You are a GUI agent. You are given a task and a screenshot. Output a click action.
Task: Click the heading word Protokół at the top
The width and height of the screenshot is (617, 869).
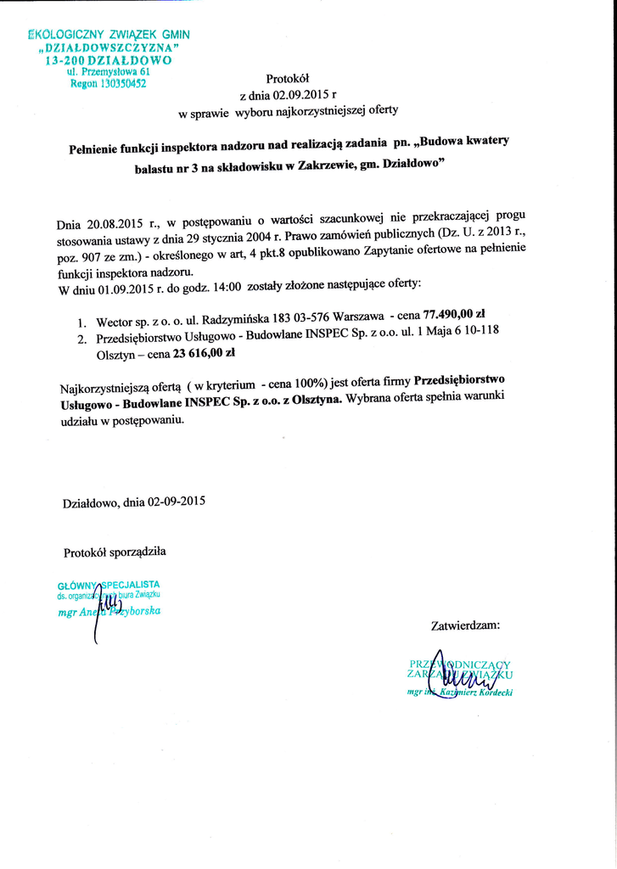283,77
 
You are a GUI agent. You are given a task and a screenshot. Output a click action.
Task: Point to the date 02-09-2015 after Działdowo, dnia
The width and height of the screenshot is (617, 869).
177,502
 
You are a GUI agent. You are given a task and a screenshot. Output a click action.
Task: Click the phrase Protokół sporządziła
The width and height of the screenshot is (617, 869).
115,552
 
